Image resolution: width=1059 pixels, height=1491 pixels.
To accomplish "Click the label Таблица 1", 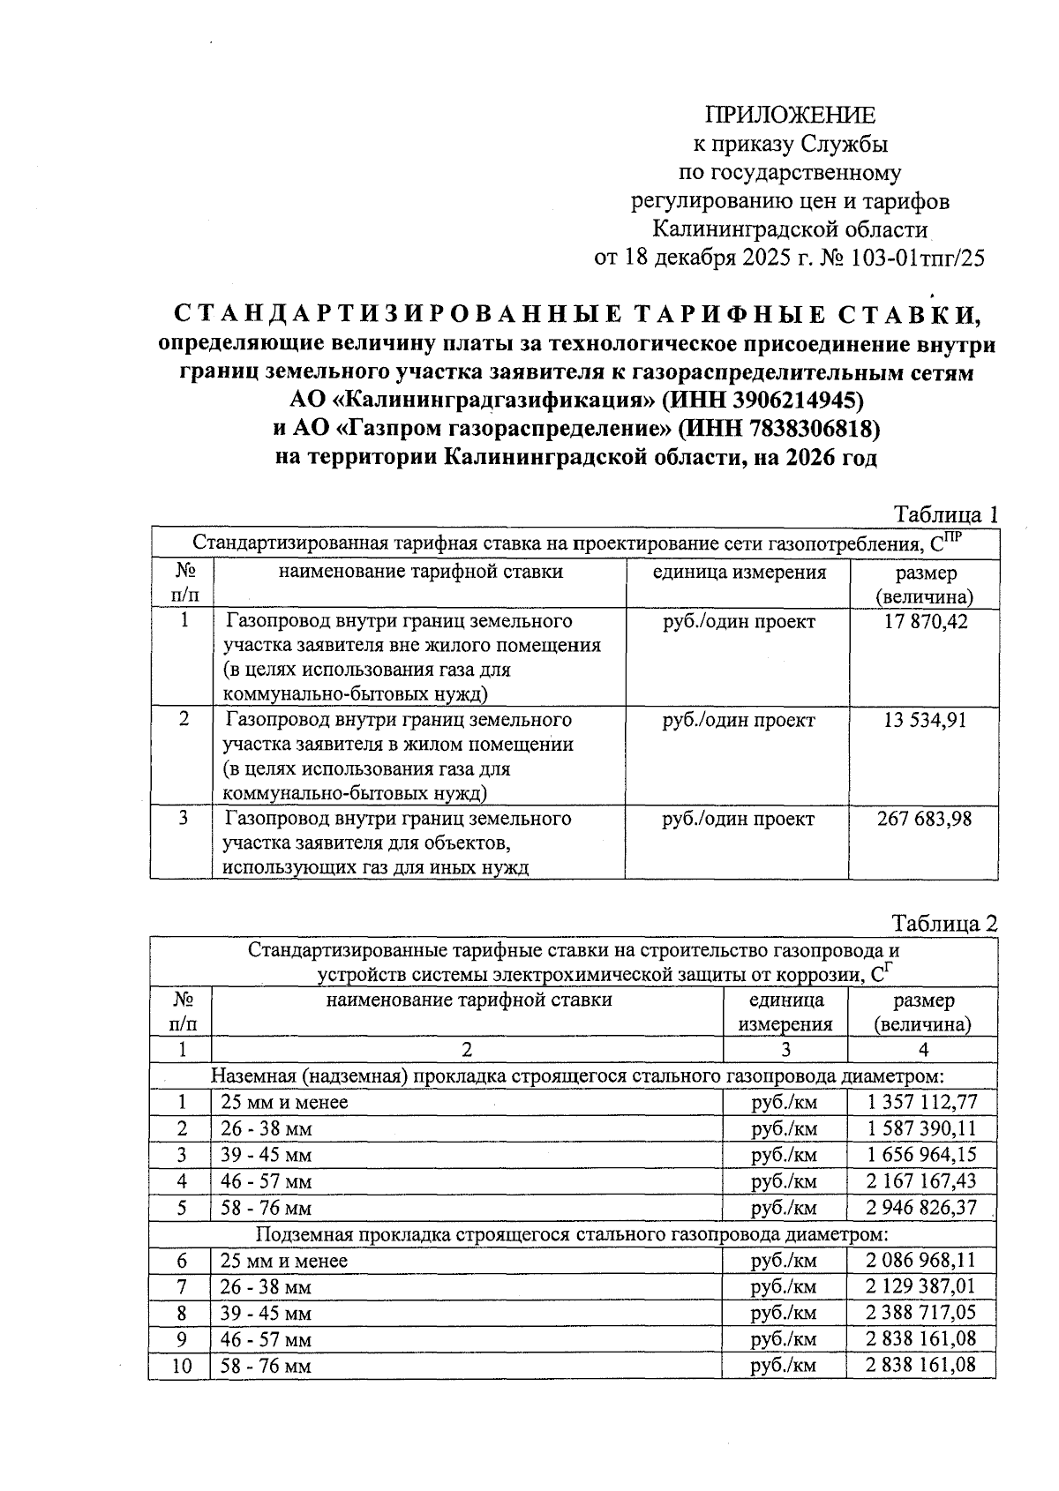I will (945, 514).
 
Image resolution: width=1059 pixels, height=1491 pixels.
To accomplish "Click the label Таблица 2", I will (944, 924).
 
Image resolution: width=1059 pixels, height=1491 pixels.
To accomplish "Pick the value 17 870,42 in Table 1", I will (924, 622).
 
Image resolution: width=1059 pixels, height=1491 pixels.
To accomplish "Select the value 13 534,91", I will (924, 720).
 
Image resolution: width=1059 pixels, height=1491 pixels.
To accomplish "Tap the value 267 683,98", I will (924, 819).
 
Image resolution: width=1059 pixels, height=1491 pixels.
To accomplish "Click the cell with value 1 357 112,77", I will (922, 1102).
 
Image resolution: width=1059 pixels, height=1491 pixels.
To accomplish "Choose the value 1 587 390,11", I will (922, 1128).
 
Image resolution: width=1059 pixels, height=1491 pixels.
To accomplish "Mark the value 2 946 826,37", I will (922, 1208).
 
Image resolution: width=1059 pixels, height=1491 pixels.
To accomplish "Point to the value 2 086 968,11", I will (922, 1261).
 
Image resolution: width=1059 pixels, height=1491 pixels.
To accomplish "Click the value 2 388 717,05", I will (922, 1313).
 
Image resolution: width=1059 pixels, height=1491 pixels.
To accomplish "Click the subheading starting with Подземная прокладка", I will (571, 1233).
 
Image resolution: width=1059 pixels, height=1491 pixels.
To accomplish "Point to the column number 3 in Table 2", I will (785, 1050).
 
